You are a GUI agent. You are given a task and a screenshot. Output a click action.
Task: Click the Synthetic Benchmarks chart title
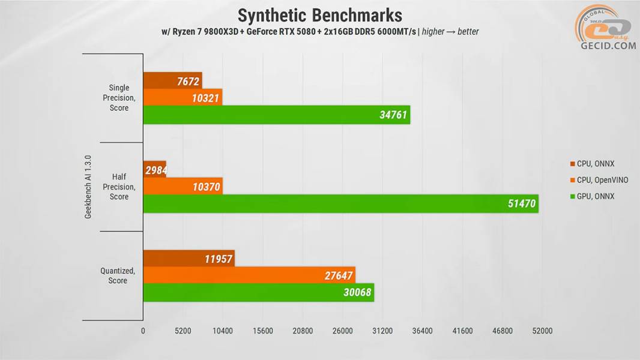[319, 14]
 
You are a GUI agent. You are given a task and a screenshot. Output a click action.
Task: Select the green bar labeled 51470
[340, 204]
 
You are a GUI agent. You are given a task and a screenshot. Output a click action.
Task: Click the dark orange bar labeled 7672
[172, 80]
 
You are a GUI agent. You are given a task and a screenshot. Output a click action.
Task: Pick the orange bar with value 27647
[249, 275]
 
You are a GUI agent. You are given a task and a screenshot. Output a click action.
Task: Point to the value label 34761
[394, 115]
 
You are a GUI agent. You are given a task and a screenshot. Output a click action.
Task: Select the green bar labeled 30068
[258, 293]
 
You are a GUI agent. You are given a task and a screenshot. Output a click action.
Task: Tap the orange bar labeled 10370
[183, 187]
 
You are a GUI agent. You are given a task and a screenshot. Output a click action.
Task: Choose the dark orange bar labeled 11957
[189, 259]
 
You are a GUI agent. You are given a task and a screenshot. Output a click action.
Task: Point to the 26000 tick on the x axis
[342, 331]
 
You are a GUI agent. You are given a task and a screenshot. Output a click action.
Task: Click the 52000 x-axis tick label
[542, 331]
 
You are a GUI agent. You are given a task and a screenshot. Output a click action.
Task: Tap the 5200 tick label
[183, 331]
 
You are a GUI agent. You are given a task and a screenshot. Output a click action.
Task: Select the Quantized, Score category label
[118, 275]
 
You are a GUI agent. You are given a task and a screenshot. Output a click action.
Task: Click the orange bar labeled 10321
[183, 97]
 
